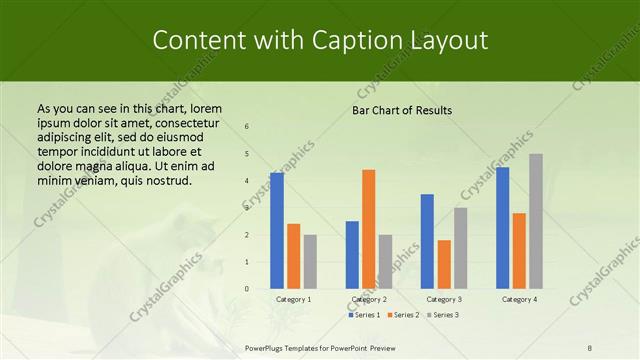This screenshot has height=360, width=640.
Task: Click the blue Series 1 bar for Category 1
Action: pos(277,231)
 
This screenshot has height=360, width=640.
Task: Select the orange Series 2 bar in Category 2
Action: pos(368,229)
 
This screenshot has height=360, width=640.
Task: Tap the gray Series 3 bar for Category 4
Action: pos(536,221)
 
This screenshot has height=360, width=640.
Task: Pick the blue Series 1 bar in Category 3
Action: pos(427,241)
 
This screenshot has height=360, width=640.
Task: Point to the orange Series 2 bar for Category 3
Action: pos(444,264)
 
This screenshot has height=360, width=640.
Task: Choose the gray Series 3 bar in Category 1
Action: pos(310,262)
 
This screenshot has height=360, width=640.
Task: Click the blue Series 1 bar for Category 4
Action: pos(502,228)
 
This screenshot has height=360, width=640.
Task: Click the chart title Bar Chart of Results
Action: pos(402,110)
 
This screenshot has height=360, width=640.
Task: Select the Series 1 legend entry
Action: pos(363,315)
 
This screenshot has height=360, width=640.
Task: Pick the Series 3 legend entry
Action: pos(443,315)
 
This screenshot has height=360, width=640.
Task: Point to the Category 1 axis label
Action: pos(293,299)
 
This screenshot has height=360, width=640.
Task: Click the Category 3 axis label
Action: pos(444,299)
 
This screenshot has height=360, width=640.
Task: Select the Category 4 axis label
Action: pos(519,299)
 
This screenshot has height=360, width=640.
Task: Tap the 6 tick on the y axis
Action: pos(247,127)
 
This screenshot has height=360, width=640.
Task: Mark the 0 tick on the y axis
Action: pos(247,289)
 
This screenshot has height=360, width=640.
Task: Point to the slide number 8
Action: pos(590,348)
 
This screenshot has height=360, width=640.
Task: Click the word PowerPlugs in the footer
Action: pos(266,348)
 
